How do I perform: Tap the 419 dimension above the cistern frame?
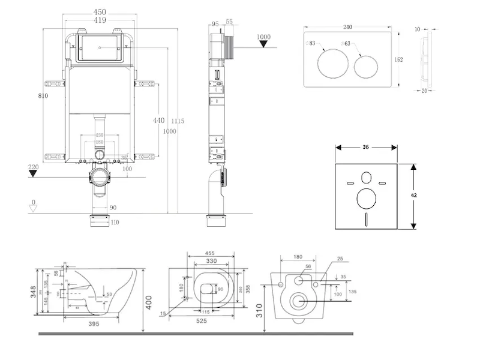(x=100, y=20)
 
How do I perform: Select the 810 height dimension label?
(x=42, y=96)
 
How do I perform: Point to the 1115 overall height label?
(x=178, y=121)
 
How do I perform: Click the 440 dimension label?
(x=158, y=121)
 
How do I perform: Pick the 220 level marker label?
(x=33, y=167)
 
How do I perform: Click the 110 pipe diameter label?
(x=115, y=223)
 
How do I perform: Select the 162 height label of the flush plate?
(x=399, y=59)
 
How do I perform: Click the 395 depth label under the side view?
(x=92, y=324)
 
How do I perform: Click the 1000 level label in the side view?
(x=263, y=37)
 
